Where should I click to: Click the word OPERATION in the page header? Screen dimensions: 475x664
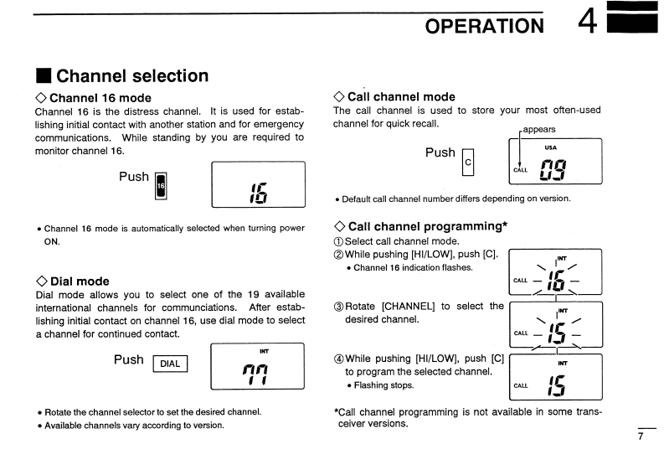click(484, 26)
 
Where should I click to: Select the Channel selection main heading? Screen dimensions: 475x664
click(132, 76)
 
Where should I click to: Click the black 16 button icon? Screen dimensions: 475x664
click(162, 186)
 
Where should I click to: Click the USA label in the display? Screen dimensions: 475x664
click(550, 148)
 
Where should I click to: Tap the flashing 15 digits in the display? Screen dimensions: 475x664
click(555, 333)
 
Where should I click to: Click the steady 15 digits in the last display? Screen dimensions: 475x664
click(555, 385)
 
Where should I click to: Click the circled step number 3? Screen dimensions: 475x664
click(338, 307)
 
